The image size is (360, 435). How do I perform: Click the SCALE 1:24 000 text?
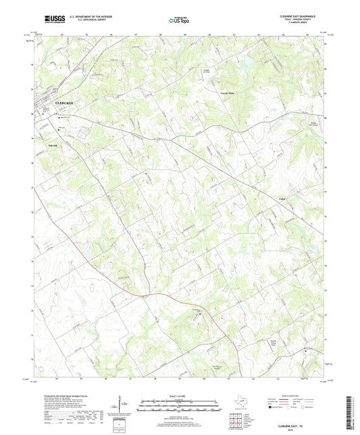click(x=180, y=395)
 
